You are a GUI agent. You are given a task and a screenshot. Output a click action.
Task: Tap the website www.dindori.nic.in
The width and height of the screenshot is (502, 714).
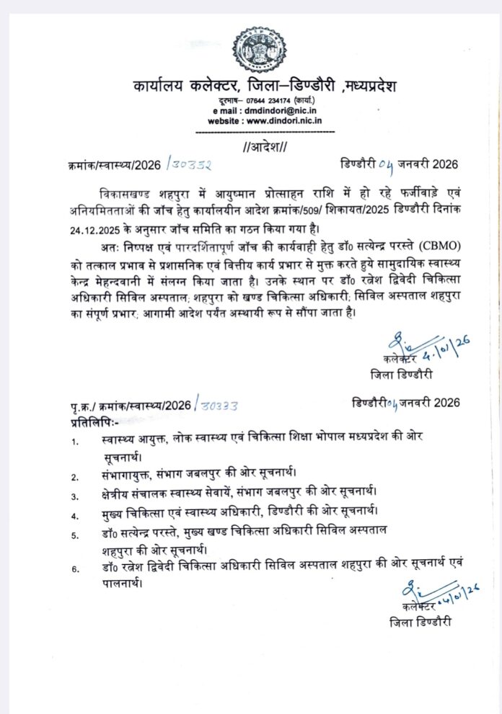point(278,122)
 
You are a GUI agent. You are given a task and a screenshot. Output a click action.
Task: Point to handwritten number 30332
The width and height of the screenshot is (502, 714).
point(189,166)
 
